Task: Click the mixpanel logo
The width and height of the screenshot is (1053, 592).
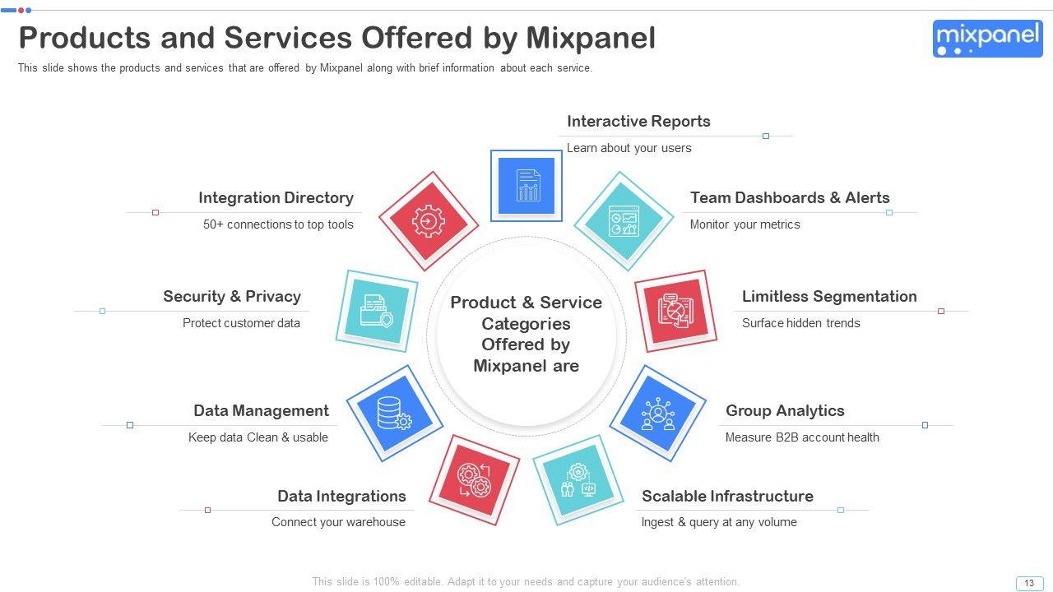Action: (987, 39)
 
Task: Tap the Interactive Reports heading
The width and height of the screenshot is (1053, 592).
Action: (638, 122)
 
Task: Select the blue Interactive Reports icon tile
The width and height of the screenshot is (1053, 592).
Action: (526, 186)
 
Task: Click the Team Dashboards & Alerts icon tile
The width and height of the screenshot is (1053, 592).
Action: (624, 221)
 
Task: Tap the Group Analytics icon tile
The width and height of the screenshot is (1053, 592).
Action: (657, 414)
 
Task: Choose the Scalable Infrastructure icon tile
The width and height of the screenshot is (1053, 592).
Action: (578, 479)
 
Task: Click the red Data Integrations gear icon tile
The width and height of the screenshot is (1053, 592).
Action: (474, 479)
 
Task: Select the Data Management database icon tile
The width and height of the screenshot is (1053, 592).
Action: (394, 414)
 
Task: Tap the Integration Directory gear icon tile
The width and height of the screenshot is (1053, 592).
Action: (429, 221)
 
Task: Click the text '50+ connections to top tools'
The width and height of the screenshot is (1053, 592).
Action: (278, 224)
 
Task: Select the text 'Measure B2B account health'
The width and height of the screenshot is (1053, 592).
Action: (802, 437)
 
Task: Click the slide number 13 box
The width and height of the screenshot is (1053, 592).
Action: (1029, 583)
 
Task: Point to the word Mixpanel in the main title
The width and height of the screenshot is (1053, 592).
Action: (590, 38)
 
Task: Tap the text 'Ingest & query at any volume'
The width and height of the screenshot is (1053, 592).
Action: (719, 522)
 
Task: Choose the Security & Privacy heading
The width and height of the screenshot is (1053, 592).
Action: (232, 297)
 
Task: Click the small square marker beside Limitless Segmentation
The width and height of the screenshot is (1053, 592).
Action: (941, 312)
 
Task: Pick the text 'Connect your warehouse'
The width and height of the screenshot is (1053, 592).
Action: (338, 522)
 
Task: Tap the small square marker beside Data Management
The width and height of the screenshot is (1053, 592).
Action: (130, 425)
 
